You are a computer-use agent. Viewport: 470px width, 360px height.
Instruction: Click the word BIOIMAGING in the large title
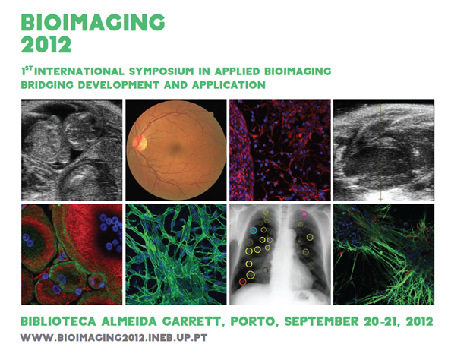click(x=93, y=22)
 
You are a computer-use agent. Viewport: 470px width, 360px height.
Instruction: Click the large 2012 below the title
click(x=46, y=45)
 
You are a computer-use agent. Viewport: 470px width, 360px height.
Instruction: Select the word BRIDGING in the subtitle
click(x=47, y=85)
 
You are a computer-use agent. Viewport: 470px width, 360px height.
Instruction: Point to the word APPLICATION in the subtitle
click(x=229, y=85)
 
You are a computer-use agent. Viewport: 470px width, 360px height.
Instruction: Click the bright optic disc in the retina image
click(x=140, y=143)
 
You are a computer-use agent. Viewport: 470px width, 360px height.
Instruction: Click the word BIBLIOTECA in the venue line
click(x=58, y=321)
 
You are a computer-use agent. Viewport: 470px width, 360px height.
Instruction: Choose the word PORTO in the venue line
click(x=254, y=322)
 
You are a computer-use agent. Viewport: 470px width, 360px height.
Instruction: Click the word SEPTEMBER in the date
click(x=321, y=321)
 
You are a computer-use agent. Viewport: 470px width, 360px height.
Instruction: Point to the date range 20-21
click(x=382, y=321)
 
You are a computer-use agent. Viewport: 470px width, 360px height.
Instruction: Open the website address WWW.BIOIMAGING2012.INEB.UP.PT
click(x=114, y=338)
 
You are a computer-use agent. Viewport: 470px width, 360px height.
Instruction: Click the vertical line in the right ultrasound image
click(x=380, y=152)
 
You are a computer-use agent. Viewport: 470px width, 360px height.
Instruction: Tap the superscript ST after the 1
click(x=29, y=68)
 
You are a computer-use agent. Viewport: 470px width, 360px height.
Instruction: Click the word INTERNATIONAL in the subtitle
click(x=79, y=71)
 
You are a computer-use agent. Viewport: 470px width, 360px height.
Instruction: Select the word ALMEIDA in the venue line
click(x=129, y=321)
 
